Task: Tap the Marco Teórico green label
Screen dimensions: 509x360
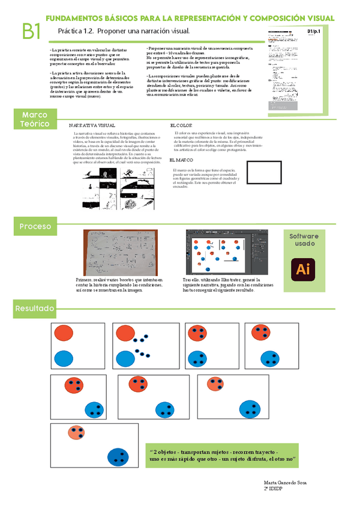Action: click(x=35, y=119)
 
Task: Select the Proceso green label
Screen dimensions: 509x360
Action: click(x=35, y=226)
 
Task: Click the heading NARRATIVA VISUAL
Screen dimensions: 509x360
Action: click(x=92, y=125)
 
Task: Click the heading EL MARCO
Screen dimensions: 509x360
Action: click(x=181, y=160)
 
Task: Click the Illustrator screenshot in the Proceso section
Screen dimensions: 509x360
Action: click(x=229, y=252)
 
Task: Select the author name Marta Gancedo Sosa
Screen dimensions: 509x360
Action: click(x=286, y=482)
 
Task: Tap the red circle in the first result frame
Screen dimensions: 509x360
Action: click(x=64, y=334)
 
